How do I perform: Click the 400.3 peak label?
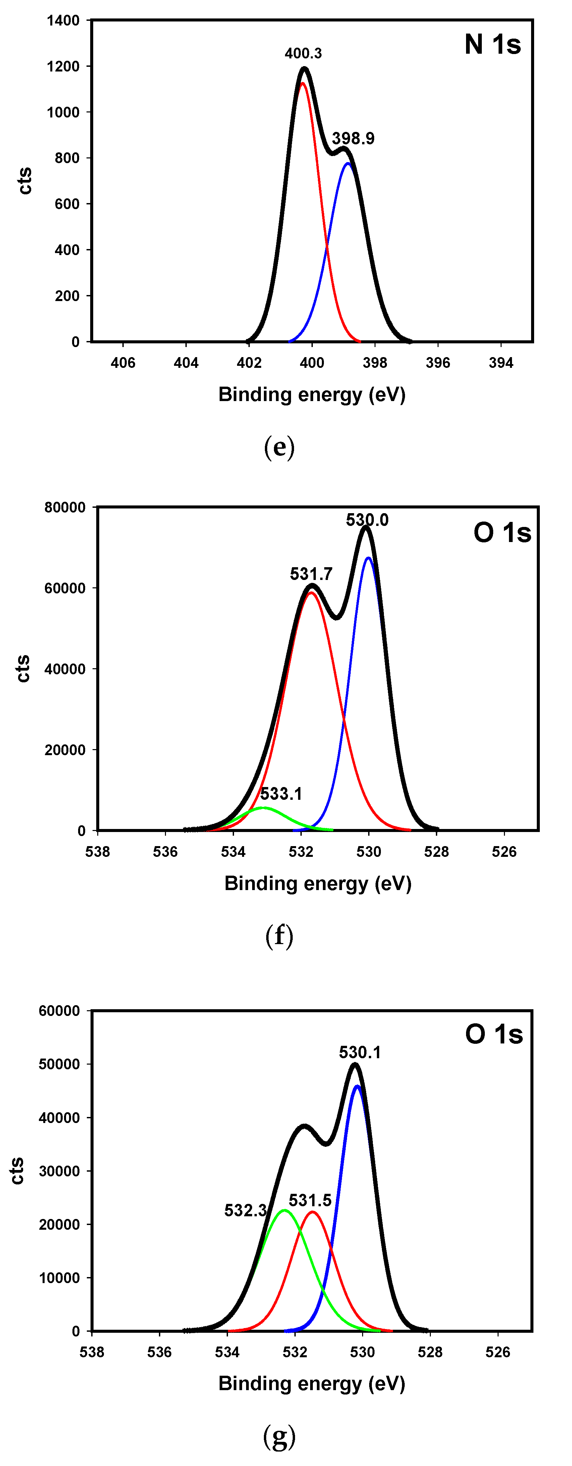(x=303, y=53)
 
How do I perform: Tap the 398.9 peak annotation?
(x=353, y=138)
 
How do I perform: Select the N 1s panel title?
(x=493, y=44)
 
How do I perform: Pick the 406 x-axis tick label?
(x=123, y=362)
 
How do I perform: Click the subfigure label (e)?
(x=280, y=447)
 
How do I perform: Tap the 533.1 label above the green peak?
(x=281, y=793)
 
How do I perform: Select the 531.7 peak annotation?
(x=311, y=574)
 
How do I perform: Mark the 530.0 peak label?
(x=367, y=520)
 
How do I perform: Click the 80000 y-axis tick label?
(x=65, y=507)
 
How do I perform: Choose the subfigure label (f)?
(x=280, y=936)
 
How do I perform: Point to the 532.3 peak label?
(x=245, y=1210)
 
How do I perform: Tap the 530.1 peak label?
(x=360, y=1052)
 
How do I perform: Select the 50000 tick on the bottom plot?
(x=59, y=1064)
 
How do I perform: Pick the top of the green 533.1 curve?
(x=263, y=808)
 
